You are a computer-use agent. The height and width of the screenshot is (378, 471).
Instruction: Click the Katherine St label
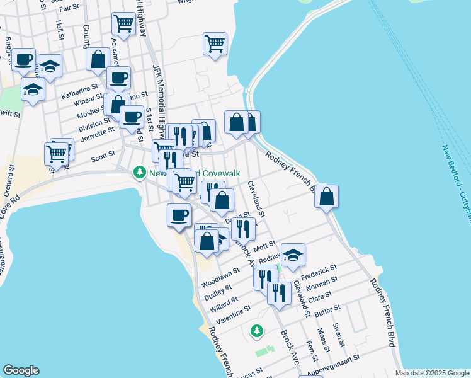[x=79, y=91]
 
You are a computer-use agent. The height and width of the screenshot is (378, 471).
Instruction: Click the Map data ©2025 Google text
[x=431, y=373]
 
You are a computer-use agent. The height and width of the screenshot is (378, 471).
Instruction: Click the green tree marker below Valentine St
[x=256, y=330]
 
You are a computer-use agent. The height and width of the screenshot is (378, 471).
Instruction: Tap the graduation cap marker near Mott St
[x=293, y=255]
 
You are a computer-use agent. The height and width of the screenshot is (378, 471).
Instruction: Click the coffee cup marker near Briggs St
[x=24, y=60]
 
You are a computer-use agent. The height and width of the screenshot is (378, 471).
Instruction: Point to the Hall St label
[x=60, y=30]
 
